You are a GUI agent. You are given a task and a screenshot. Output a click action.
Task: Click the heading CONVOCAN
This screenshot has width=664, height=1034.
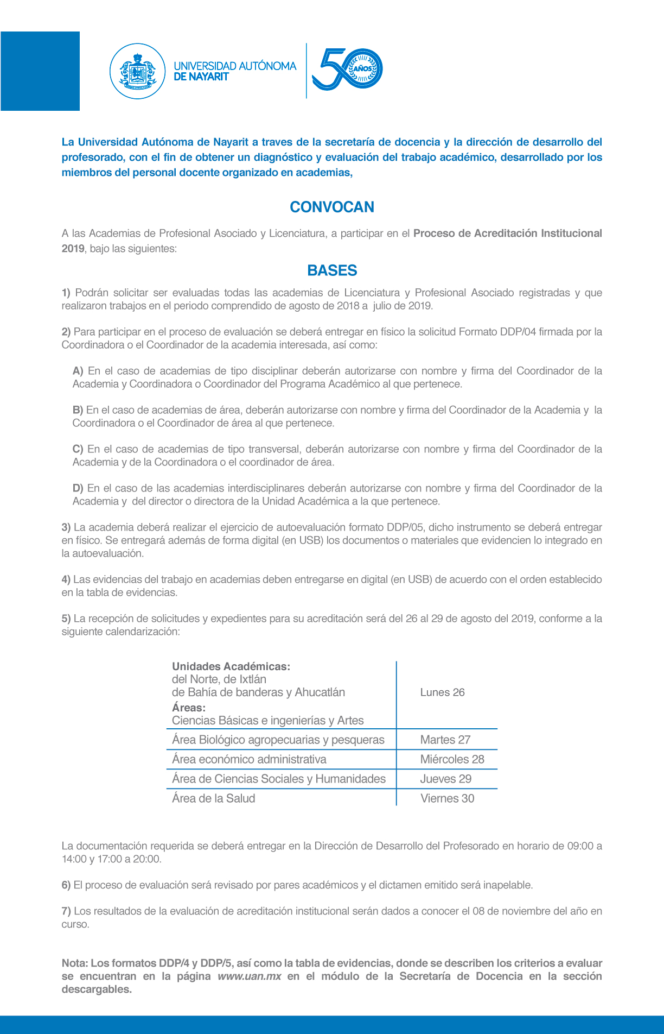332,207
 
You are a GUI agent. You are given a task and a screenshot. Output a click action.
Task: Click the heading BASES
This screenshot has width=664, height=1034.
332,270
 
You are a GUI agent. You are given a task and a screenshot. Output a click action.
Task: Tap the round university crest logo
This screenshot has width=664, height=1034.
137,71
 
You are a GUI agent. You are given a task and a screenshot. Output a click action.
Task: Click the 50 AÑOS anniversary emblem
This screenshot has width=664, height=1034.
348,69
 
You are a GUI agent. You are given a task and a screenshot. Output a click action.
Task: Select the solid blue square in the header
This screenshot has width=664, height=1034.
40,71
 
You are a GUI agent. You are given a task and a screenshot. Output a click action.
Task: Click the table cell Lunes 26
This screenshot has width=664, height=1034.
442,692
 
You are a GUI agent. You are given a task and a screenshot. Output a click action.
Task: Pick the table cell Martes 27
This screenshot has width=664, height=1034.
445,740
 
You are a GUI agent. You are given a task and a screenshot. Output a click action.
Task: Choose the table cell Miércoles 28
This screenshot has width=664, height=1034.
452,759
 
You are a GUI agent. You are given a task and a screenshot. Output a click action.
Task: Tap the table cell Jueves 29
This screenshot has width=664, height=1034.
445,779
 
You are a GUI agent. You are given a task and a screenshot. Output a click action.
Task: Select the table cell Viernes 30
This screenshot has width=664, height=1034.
447,798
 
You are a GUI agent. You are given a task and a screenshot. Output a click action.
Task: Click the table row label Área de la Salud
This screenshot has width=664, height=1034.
213,798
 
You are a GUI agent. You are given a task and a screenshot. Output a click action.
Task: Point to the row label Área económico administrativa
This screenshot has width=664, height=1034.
249,759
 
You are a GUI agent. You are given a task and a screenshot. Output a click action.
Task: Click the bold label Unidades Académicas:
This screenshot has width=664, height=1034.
231,666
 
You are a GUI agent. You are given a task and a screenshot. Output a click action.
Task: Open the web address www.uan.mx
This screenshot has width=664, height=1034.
250,976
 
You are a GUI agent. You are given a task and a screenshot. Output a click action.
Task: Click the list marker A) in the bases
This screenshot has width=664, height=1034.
78,371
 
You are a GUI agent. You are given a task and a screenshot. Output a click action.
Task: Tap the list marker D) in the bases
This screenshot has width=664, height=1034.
78,488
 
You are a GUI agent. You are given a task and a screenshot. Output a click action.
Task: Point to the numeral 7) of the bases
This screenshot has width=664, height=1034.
66,911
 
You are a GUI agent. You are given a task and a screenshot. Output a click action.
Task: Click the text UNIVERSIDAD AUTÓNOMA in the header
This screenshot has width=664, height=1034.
235,66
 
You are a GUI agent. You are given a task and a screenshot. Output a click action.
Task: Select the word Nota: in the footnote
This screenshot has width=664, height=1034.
74,963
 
